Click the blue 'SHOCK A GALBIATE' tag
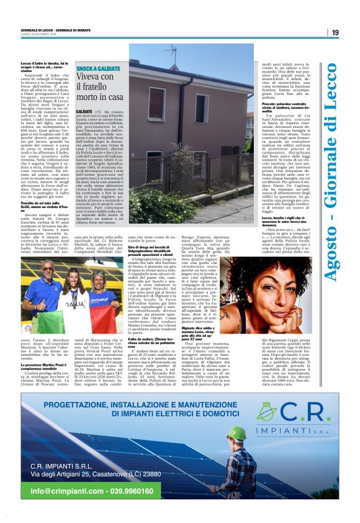(98, 68)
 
